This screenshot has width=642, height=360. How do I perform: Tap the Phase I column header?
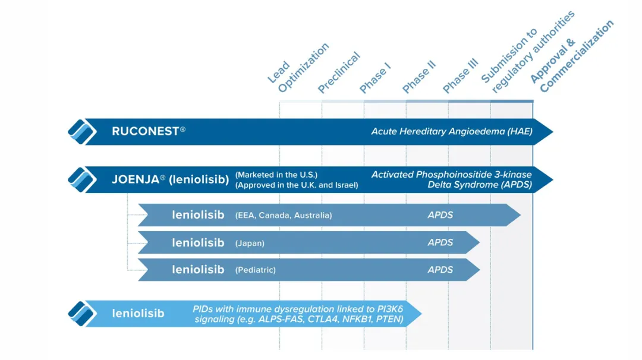pos(375,78)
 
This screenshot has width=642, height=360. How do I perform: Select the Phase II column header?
pos(419,77)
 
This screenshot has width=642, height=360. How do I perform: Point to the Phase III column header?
pos(461,75)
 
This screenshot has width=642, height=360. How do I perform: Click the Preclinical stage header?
pos(339,72)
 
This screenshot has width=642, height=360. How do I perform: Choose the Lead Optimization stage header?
pos(298,68)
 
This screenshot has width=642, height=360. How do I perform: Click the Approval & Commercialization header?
pos(572,56)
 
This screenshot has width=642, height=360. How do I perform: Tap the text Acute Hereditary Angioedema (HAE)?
pos(452,131)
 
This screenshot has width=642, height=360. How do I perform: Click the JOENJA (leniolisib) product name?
pos(171,179)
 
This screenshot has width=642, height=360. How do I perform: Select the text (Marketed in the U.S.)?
pos(276,175)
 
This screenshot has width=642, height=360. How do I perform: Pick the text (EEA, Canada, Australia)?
pos(284,215)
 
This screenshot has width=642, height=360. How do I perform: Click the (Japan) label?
pos(250,243)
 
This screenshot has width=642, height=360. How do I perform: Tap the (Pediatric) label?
pos(256,270)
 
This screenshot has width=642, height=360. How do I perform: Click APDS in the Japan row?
pos(440,242)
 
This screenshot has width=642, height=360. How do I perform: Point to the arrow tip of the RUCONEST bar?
pos(553,132)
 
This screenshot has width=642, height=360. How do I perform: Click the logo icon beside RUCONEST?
pos(82,132)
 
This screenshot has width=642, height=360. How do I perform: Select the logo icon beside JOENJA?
pos(82,179)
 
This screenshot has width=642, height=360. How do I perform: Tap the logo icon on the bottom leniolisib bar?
pos(82,314)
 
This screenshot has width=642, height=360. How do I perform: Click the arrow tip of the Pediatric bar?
pos(479,270)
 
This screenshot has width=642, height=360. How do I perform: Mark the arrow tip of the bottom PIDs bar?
pos(421,314)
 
